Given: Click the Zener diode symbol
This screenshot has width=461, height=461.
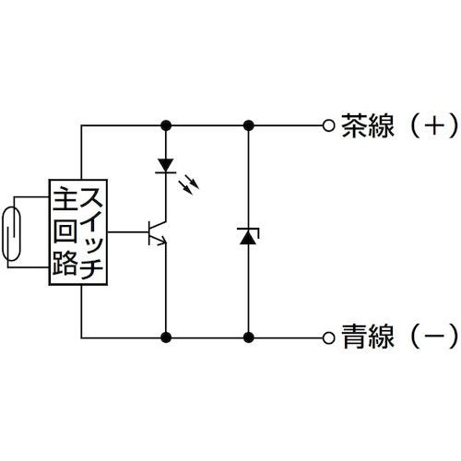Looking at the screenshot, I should [247, 236].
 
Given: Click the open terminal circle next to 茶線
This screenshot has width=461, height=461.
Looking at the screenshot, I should [328, 124].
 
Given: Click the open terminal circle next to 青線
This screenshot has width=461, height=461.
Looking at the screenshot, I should [328, 337].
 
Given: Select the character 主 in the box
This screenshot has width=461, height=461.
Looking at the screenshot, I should [65, 197].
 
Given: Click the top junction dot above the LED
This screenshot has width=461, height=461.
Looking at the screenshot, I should [166, 124].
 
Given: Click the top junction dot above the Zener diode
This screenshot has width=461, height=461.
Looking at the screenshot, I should [247, 124].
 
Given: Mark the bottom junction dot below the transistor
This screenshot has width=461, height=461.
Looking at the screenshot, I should [166, 337].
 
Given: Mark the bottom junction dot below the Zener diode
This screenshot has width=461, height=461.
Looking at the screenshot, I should [247, 337].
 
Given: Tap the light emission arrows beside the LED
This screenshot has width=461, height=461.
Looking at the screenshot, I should [189, 184].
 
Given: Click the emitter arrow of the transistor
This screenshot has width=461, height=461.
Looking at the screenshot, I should [162, 242].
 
